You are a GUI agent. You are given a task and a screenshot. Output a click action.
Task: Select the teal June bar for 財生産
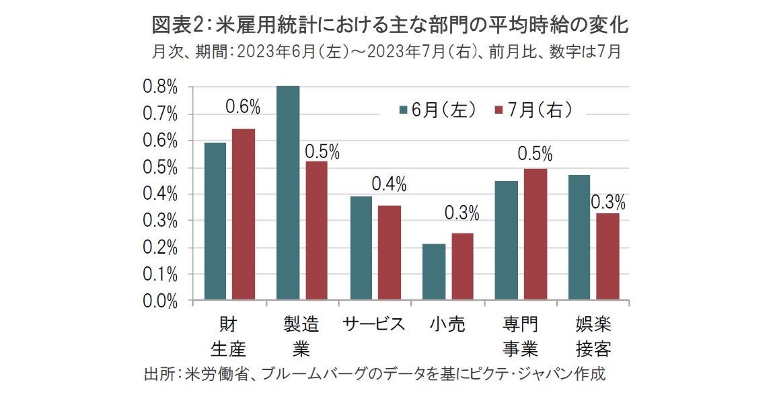[x=215, y=221]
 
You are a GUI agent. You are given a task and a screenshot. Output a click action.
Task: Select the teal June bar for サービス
[x=361, y=248]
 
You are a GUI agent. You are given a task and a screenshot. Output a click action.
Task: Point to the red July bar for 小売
[x=462, y=266]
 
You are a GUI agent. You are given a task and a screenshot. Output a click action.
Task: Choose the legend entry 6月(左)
[x=438, y=110]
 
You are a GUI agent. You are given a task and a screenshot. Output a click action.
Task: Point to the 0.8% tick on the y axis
[x=160, y=87]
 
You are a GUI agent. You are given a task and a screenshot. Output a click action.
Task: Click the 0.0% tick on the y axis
[x=160, y=301]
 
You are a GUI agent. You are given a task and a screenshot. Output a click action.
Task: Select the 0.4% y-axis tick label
[x=160, y=194]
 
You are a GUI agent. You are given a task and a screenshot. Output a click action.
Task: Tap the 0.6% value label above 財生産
[x=242, y=106]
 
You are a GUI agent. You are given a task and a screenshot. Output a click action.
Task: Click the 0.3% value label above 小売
[x=462, y=213]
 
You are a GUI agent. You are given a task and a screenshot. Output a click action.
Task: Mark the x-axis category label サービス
[x=374, y=324]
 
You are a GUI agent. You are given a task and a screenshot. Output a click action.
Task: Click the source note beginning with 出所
[x=375, y=374]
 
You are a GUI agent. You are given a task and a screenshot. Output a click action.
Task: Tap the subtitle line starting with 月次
[x=386, y=52]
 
